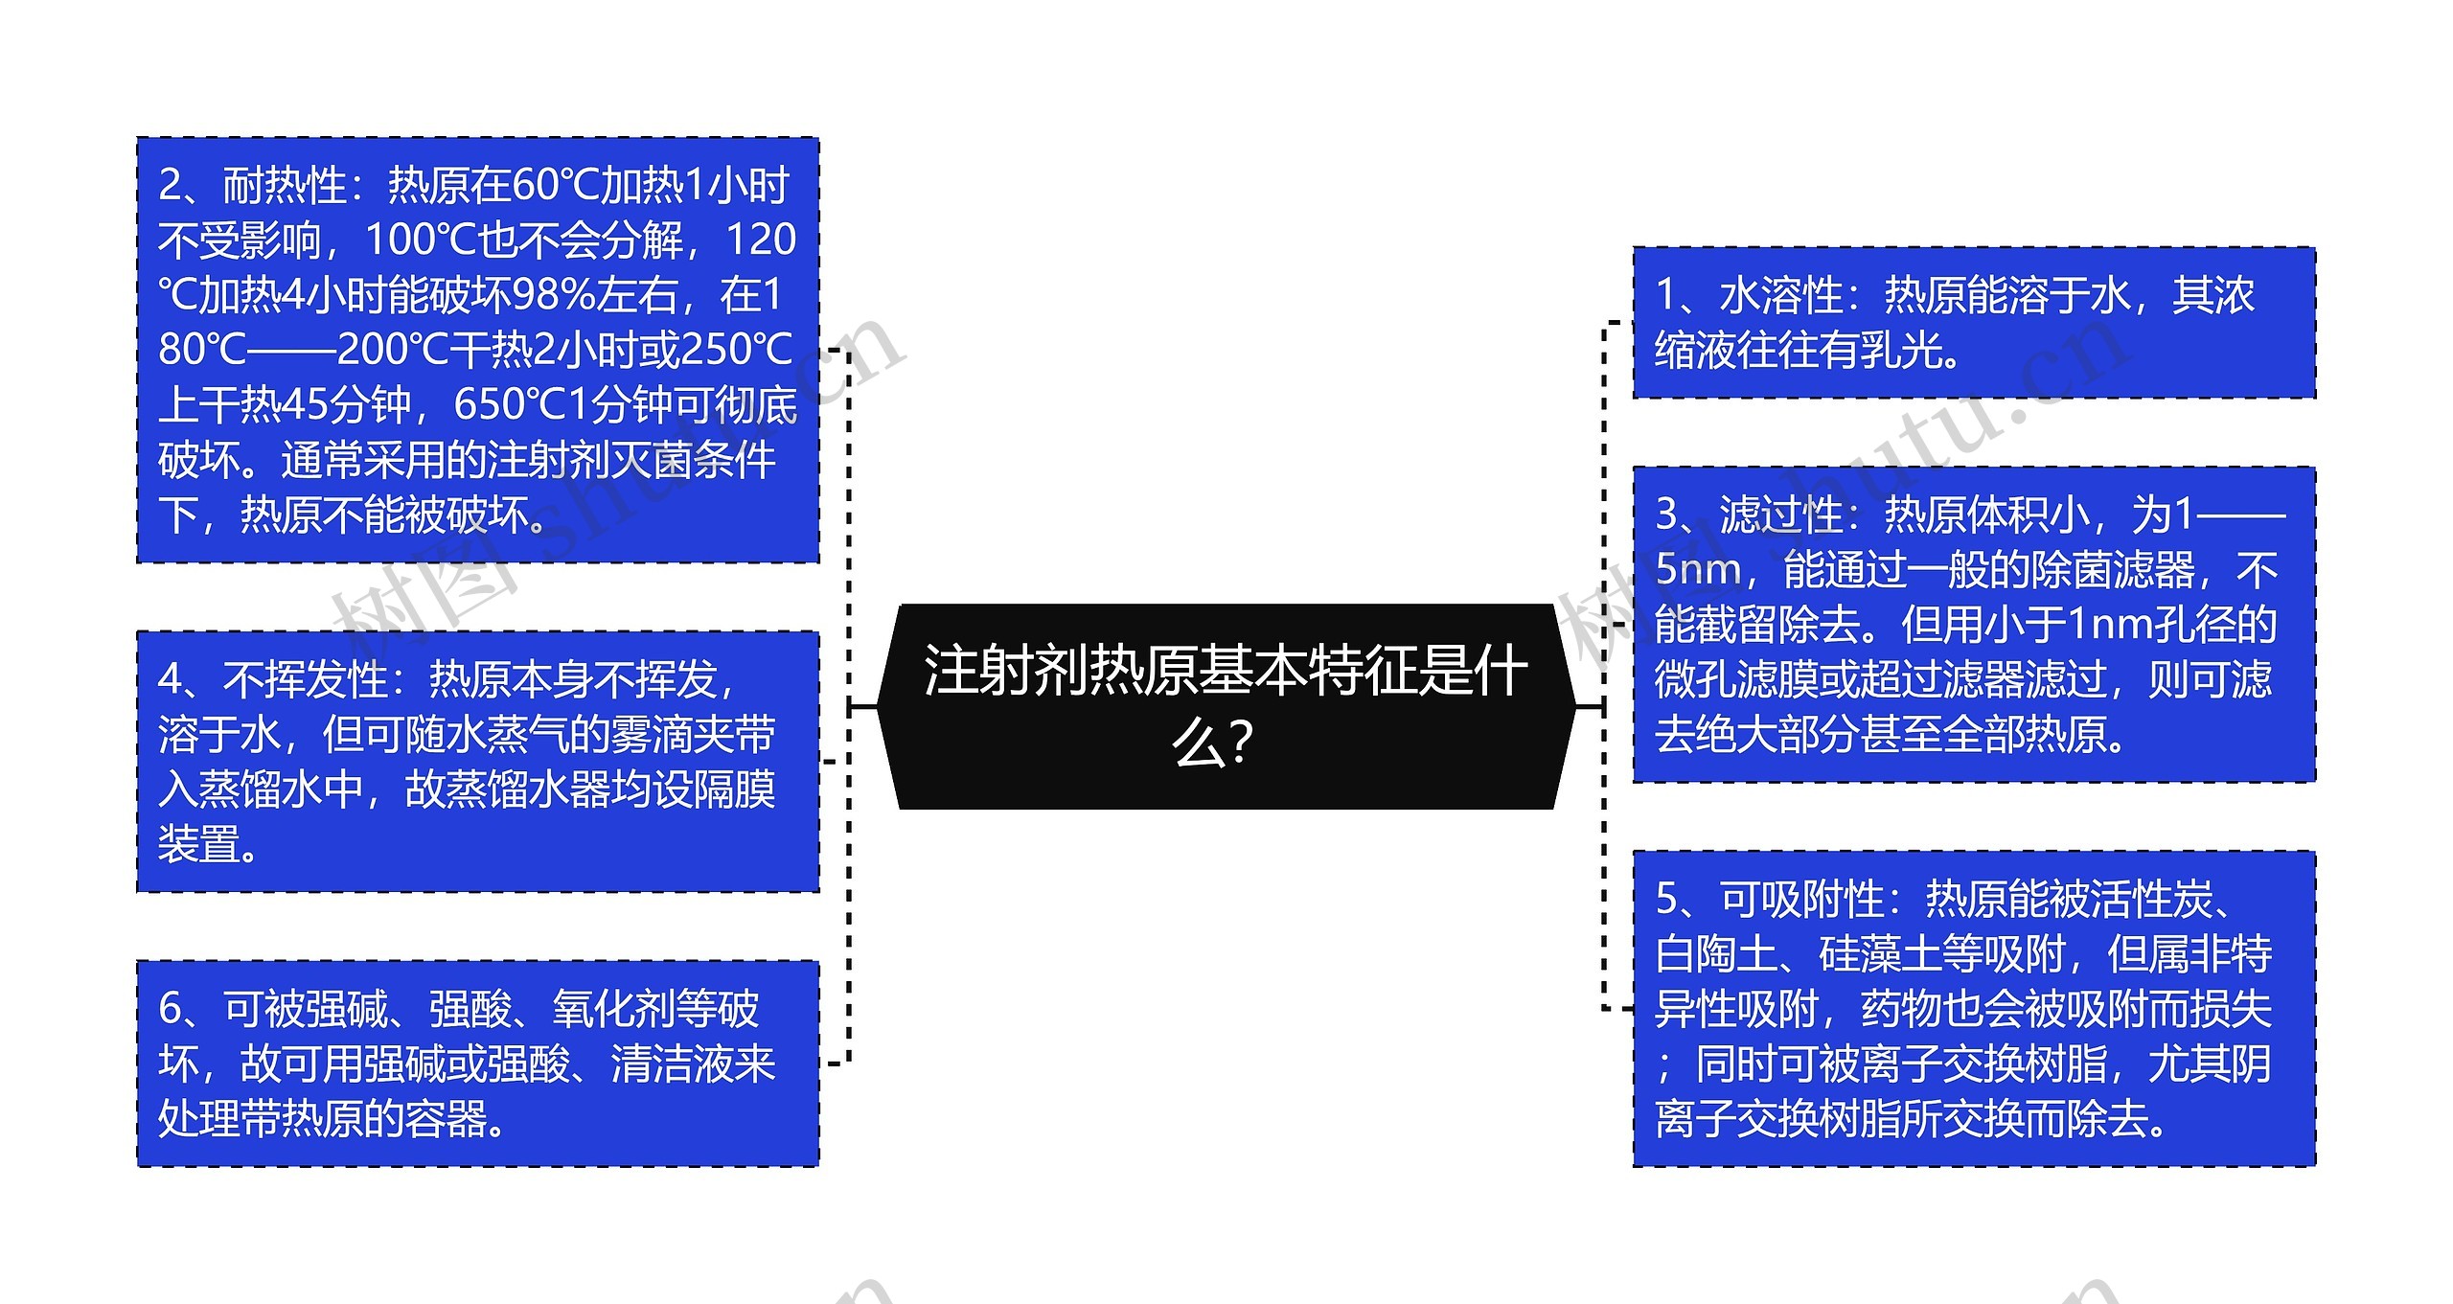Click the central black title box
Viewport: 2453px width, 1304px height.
coord(1226,706)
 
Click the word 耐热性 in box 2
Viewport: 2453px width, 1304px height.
coord(284,185)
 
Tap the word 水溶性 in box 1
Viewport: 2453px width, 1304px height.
coord(1781,295)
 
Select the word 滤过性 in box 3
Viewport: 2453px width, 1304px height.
coord(1781,515)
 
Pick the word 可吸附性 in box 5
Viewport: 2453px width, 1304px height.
coord(1801,899)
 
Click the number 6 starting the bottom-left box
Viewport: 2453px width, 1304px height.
coord(171,1009)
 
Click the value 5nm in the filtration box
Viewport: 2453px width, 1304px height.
coord(1697,570)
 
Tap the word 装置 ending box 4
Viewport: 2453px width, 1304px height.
coord(198,845)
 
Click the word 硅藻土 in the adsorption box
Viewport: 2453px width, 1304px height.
coord(1879,954)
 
